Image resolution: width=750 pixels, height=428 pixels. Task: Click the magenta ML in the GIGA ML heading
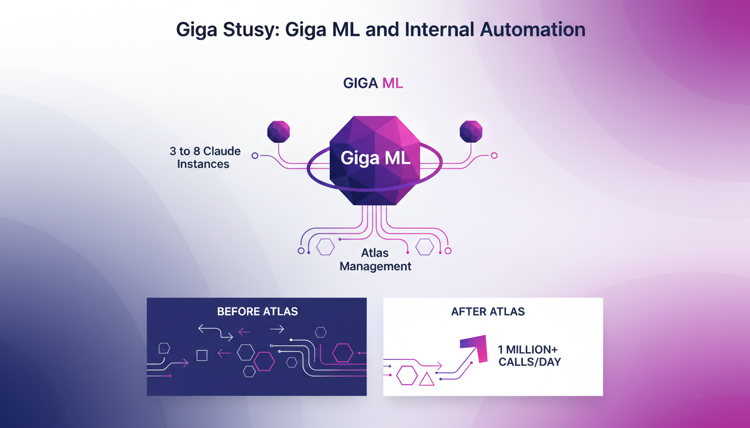[392, 84]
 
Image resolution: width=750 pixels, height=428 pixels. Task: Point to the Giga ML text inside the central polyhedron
[375, 158]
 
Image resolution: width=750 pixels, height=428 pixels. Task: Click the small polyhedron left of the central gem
[278, 132]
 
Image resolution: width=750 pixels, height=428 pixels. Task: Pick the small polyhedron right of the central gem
[470, 132]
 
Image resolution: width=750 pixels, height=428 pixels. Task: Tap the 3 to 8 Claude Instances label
[205, 158]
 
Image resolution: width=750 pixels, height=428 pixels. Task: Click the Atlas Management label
[375, 260]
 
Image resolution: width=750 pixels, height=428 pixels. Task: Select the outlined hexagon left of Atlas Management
[325, 246]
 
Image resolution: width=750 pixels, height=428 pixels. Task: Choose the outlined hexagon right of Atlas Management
[425, 246]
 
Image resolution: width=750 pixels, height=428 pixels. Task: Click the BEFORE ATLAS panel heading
[257, 312]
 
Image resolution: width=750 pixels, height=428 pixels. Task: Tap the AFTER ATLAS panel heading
[488, 312]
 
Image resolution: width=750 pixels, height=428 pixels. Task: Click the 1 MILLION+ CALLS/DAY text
[528, 356]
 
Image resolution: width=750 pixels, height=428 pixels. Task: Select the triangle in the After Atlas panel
[426, 379]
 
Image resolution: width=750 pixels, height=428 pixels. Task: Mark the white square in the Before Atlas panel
[202, 355]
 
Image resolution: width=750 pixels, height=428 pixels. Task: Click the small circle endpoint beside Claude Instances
[255, 155]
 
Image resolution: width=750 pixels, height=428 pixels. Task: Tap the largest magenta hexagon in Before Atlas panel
[343, 353]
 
